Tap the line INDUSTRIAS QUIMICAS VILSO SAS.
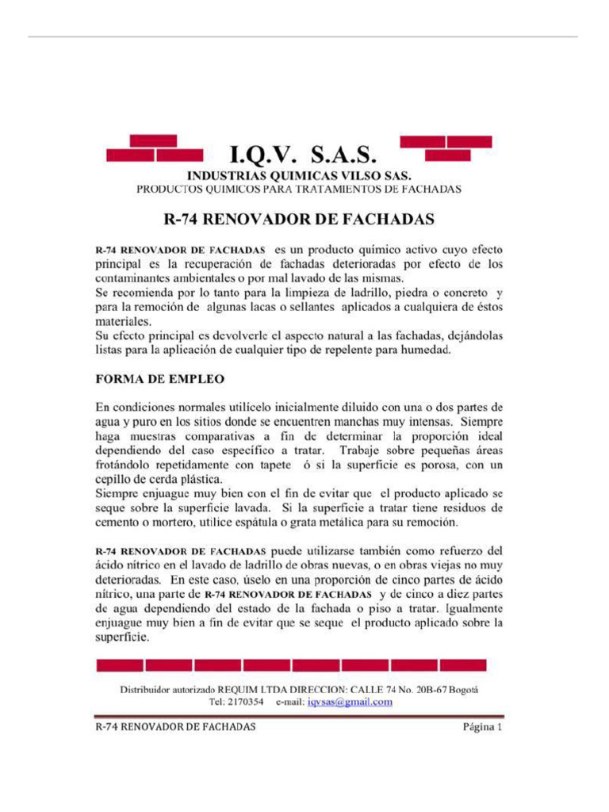299,176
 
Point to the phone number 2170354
246,702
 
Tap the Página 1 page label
482,726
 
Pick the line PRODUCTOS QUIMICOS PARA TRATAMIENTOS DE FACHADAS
299,190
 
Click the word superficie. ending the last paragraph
122,637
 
